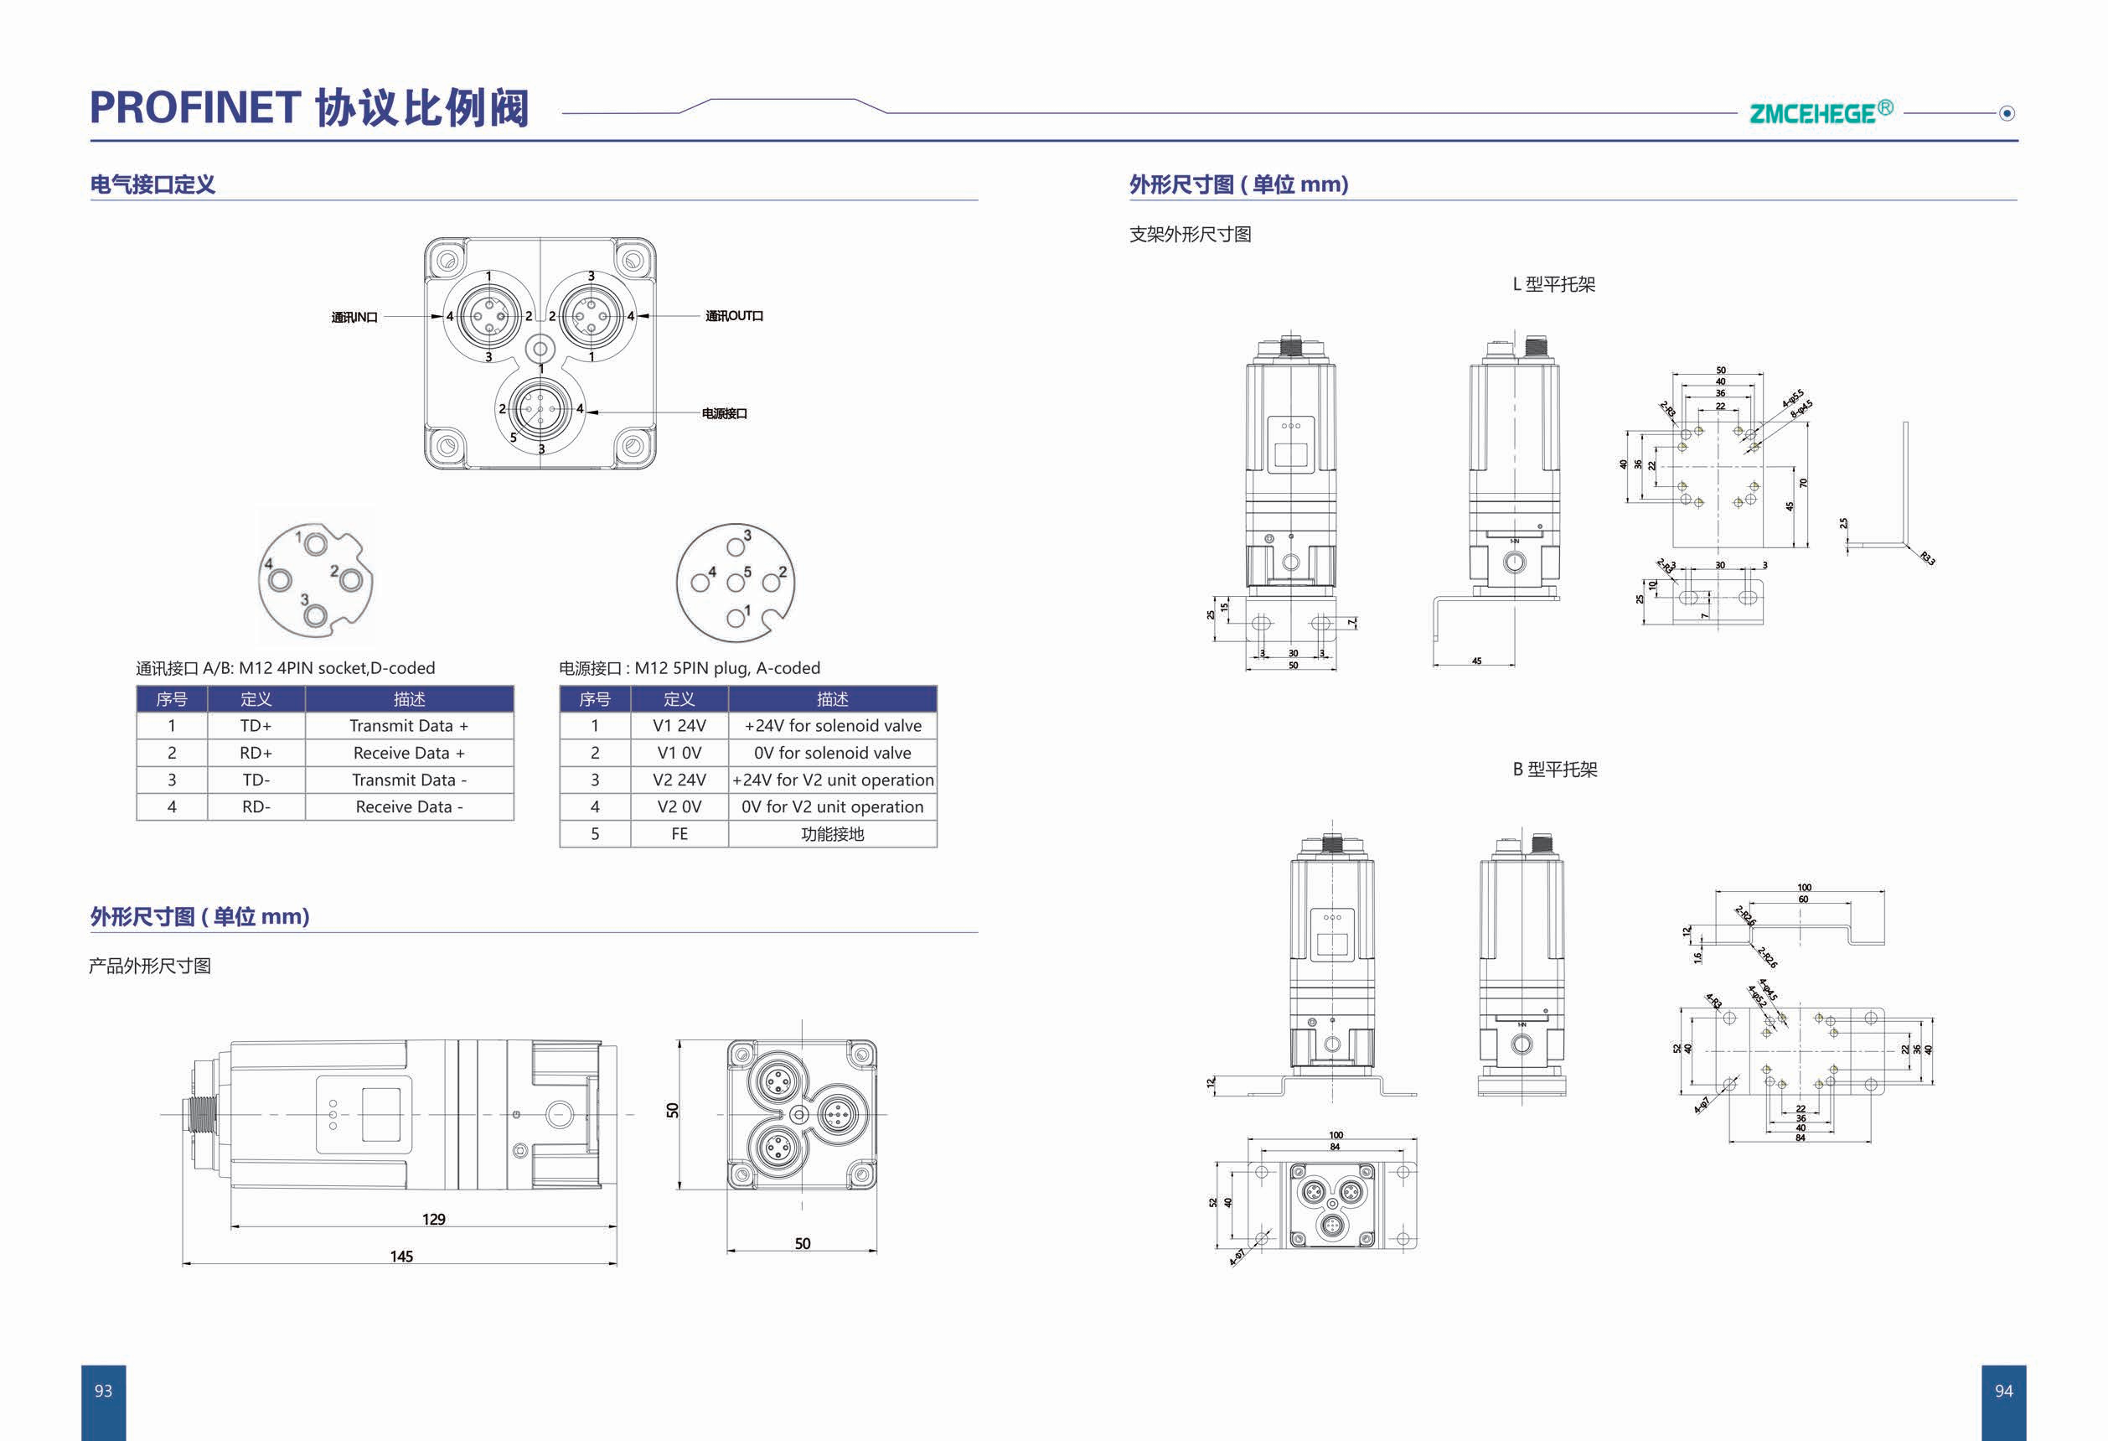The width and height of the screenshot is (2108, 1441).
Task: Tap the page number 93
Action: click(x=103, y=1390)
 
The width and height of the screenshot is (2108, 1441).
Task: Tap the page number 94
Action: click(x=2002, y=1390)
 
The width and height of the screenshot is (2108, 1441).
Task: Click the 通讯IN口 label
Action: click(x=354, y=317)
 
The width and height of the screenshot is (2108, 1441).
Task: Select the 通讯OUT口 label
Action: click(x=734, y=316)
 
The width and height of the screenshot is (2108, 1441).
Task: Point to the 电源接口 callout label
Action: click(x=724, y=414)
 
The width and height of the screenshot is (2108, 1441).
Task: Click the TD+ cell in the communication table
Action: click(x=256, y=726)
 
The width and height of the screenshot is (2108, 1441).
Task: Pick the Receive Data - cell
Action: click(x=409, y=806)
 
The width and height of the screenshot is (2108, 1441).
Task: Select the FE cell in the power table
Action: click(x=679, y=834)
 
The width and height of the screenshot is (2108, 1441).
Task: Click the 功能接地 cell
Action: click(x=832, y=834)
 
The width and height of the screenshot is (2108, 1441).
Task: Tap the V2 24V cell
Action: click(x=679, y=780)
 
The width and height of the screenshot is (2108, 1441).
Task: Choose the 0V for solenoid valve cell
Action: click(x=832, y=752)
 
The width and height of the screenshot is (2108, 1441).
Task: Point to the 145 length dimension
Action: click(x=401, y=1256)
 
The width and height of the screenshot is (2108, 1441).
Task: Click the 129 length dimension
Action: click(x=433, y=1219)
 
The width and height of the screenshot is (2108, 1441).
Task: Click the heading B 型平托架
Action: click(x=1554, y=770)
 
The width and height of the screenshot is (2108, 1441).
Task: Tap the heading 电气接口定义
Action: click(x=152, y=184)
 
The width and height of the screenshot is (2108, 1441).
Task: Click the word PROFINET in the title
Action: click(x=195, y=108)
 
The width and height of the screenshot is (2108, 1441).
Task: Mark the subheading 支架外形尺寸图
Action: click(x=1190, y=234)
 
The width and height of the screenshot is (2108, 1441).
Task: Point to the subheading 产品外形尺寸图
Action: click(x=150, y=966)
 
